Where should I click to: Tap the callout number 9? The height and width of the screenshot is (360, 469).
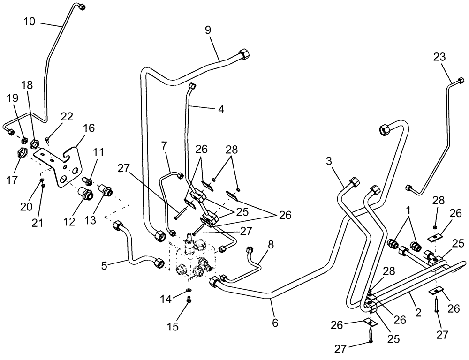pos(208,30)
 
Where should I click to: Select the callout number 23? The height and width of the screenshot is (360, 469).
pos(439,57)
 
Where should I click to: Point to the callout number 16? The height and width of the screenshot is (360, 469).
pos(89,128)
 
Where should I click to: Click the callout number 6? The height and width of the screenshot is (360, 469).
pos(275,322)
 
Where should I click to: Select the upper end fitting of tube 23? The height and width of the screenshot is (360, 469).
pos(454,81)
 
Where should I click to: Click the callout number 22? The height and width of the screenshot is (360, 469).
pos(67,117)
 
